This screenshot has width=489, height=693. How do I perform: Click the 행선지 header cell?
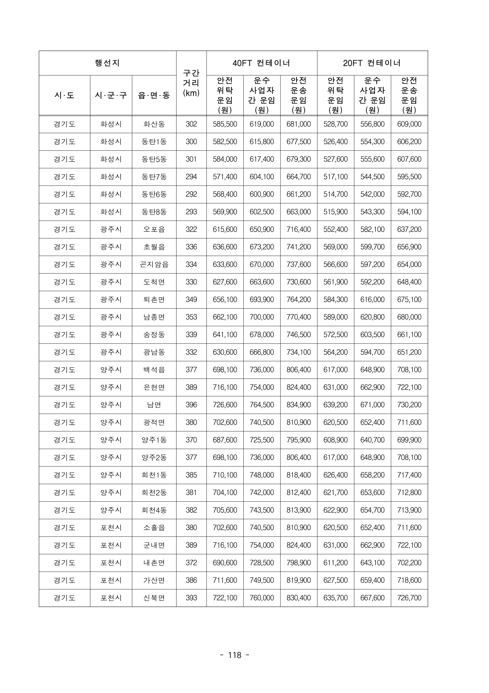[x=107, y=63]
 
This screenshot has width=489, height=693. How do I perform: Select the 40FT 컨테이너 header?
[x=262, y=63]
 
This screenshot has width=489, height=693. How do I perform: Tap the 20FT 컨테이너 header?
[x=372, y=63]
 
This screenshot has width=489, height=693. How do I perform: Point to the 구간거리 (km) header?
[x=191, y=83]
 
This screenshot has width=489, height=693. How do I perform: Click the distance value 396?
[x=191, y=405]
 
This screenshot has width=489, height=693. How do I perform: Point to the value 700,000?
[x=262, y=317]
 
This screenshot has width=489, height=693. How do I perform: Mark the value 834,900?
[x=298, y=405]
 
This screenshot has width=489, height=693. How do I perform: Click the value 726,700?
[x=409, y=598]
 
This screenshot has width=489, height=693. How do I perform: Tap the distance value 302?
[x=191, y=124]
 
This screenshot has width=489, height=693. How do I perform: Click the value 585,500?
[x=225, y=124]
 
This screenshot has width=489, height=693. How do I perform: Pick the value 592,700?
[x=409, y=194]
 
